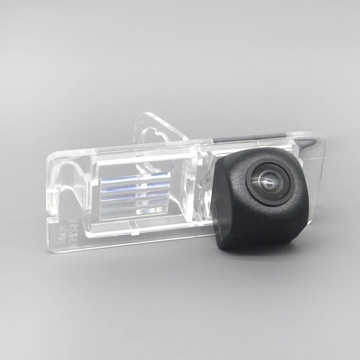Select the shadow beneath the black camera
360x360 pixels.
click(x=270, y=252)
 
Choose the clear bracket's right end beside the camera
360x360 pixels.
click(x=317, y=180)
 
